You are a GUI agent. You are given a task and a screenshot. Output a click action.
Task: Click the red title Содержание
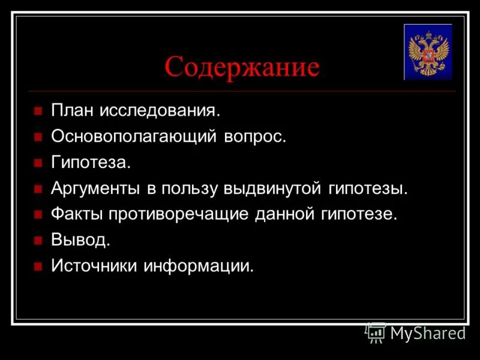(x=242, y=67)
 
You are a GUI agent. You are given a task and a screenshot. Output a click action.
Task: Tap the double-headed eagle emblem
(x=428, y=52)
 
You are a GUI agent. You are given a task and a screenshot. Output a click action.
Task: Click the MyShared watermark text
(x=428, y=333)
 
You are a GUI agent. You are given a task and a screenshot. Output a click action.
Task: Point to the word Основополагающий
(x=133, y=137)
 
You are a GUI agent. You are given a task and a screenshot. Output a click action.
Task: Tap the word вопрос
(x=255, y=137)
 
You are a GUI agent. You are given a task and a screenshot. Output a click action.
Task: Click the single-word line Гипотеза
(x=90, y=163)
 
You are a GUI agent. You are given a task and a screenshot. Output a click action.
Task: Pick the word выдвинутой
(x=274, y=188)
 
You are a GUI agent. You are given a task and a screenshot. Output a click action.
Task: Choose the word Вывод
(x=80, y=240)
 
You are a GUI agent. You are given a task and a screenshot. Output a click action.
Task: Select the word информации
(x=198, y=266)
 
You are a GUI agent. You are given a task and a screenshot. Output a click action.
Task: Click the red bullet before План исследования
(x=38, y=112)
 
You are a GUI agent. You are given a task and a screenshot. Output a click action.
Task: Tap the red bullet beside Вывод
(x=38, y=241)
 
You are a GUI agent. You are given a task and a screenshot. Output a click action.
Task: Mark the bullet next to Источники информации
(x=38, y=266)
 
